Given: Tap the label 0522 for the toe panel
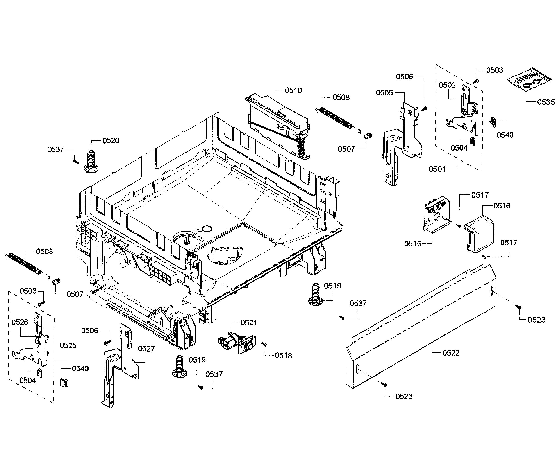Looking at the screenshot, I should [451, 353].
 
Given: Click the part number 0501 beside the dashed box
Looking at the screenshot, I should [437, 169].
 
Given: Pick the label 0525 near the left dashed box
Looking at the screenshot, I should [68, 345].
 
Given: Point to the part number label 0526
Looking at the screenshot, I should [20, 322].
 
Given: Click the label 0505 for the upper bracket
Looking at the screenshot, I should [384, 93].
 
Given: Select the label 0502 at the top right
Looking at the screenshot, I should [447, 85].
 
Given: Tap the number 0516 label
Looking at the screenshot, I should [502, 206].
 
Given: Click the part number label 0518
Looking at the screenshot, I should [283, 356].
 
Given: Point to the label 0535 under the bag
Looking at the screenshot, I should [546, 102].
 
